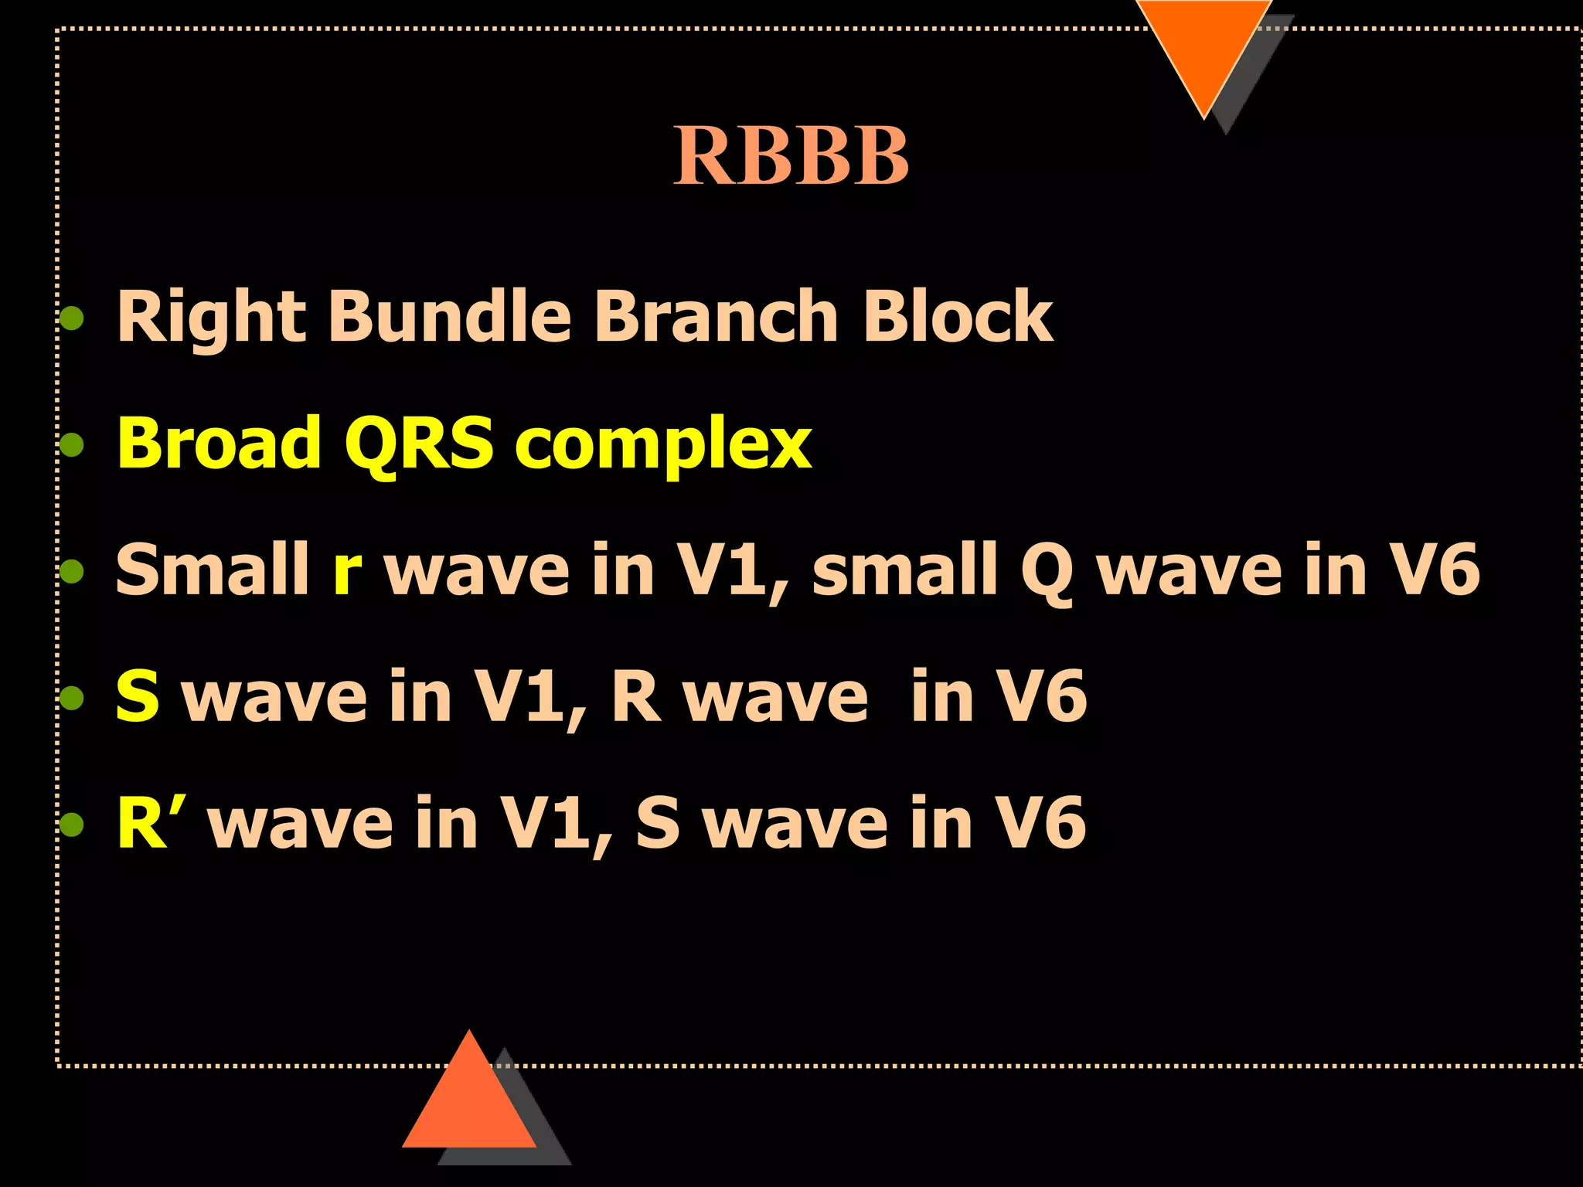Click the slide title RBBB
[x=791, y=156]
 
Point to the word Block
[x=958, y=315]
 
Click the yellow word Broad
[x=219, y=443]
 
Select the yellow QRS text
[x=418, y=444]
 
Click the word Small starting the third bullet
[x=212, y=570]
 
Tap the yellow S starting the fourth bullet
[x=138, y=696]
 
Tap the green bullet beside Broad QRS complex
[x=72, y=444]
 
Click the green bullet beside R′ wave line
[x=72, y=825]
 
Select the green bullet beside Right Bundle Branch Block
[x=72, y=318]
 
